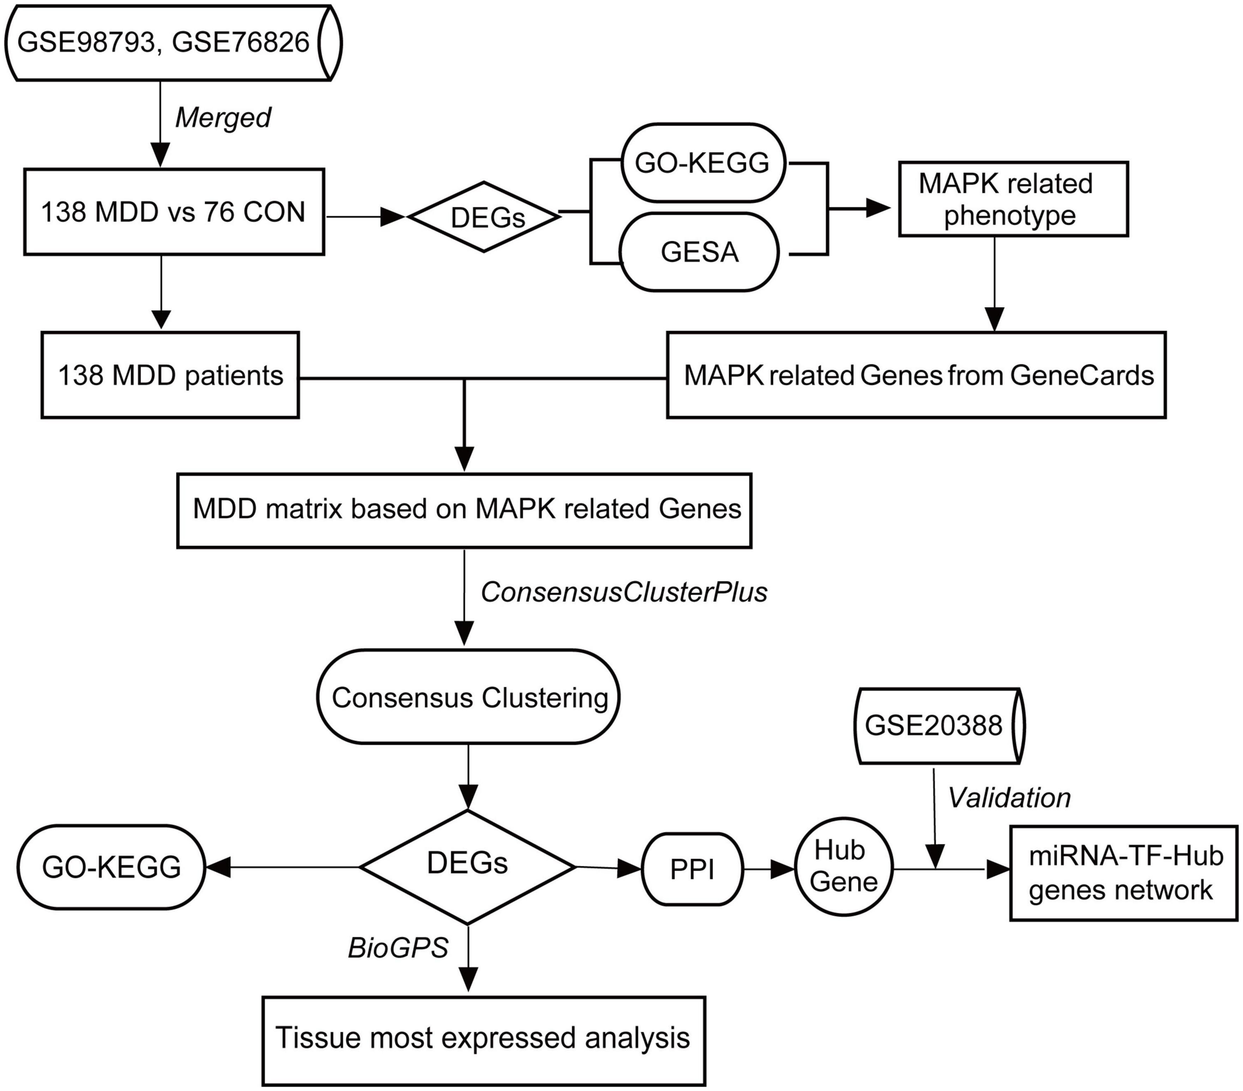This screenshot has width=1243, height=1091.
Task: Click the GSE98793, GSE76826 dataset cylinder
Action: (x=173, y=43)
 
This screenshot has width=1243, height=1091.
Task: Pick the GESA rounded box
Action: (x=699, y=251)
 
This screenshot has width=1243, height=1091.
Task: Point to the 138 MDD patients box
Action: (x=170, y=375)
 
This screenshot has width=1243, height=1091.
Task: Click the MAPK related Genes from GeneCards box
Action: (x=916, y=375)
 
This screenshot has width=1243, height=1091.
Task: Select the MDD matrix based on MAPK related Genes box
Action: (x=465, y=510)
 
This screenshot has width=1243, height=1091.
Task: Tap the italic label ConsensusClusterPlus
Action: (x=624, y=592)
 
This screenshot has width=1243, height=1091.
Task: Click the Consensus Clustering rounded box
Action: (x=468, y=697)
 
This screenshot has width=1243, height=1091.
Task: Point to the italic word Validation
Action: (x=1009, y=798)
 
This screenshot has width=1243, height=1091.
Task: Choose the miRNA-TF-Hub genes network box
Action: (x=1124, y=873)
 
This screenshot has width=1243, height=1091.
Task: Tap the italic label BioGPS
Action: (x=398, y=947)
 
